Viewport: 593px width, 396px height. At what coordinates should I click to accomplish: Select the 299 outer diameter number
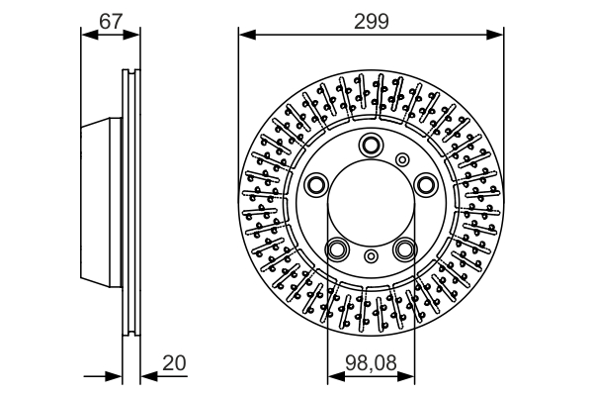[x=371, y=17]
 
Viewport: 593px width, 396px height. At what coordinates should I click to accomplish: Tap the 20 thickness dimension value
[x=174, y=363]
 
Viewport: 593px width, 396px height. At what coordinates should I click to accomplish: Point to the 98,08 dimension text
[x=371, y=363]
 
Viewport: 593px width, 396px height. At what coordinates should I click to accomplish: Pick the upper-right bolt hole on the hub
[x=425, y=183]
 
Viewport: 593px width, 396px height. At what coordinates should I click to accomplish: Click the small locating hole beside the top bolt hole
[x=401, y=158]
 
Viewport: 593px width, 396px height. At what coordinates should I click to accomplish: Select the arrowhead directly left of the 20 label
[x=146, y=377]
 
